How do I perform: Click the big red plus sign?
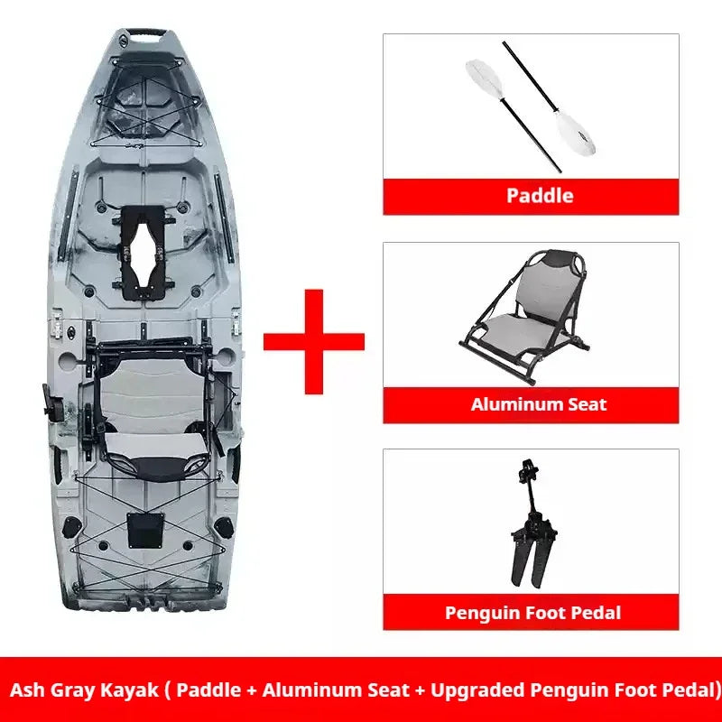[314, 342]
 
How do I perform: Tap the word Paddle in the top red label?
[540, 196]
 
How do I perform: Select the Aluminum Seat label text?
[538, 404]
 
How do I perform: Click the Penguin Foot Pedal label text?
[532, 613]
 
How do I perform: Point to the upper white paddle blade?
[485, 79]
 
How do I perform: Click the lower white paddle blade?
[575, 133]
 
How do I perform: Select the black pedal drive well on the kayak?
[143, 253]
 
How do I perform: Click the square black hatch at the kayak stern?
[145, 531]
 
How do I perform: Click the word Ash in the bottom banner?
[27, 690]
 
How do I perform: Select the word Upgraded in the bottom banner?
[477, 690]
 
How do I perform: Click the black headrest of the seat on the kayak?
[156, 467]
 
